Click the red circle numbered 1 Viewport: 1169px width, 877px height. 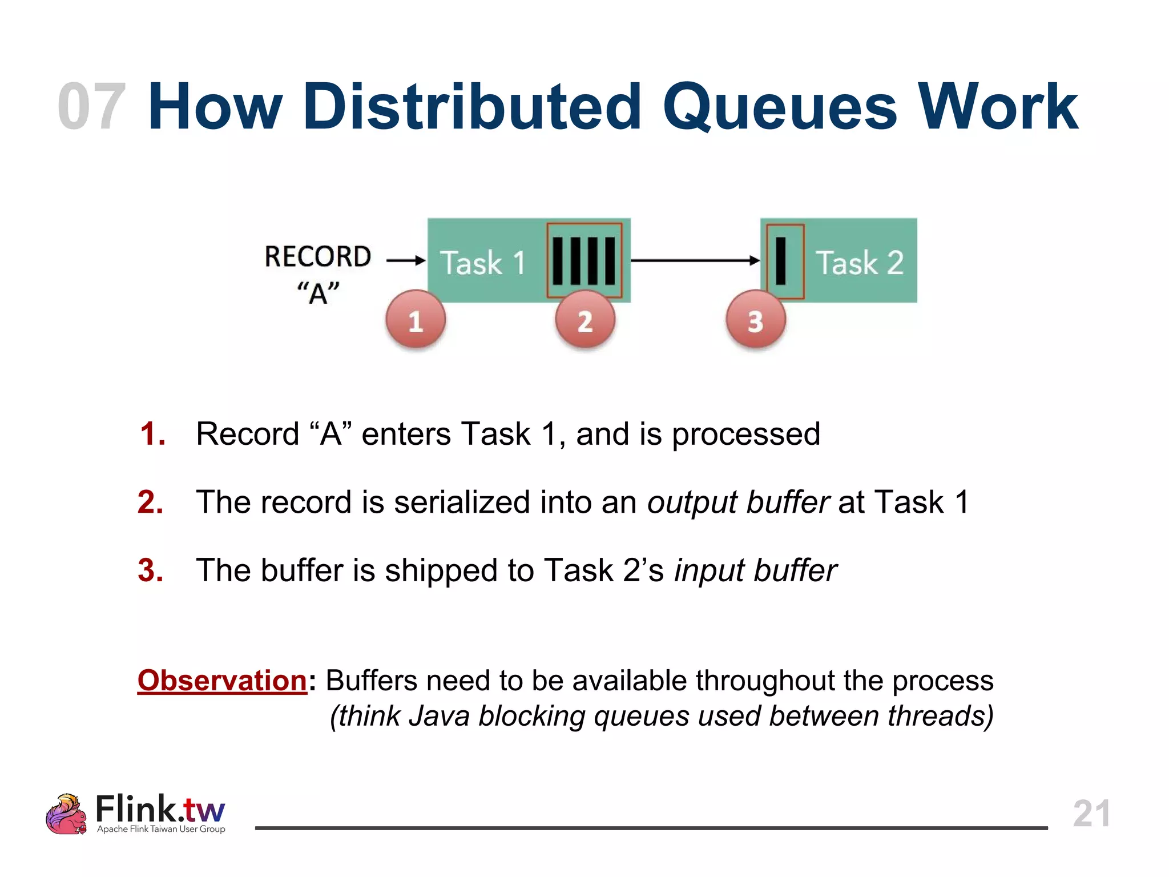click(416, 320)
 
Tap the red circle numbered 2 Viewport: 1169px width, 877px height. click(585, 320)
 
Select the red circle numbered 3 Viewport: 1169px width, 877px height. click(756, 320)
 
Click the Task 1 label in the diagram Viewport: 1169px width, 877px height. click(482, 263)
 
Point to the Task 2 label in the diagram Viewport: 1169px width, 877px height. click(859, 263)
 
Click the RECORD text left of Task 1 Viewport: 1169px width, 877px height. click(318, 257)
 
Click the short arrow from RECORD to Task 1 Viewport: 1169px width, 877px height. click(406, 260)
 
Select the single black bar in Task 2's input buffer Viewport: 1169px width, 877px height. click(781, 261)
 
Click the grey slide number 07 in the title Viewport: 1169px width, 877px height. click(91, 107)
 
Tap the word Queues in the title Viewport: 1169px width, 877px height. click(779, 107)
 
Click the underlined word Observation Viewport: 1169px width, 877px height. click(223, 681)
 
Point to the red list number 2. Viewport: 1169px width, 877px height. click(151, 502)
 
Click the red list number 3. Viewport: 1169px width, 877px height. click(151, 570)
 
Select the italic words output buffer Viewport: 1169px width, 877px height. click(737, 502)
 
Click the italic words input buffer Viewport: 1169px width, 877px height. click(755, 570)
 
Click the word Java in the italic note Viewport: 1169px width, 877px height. click(439, 716)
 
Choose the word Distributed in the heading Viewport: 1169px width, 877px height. click(473, 107)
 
